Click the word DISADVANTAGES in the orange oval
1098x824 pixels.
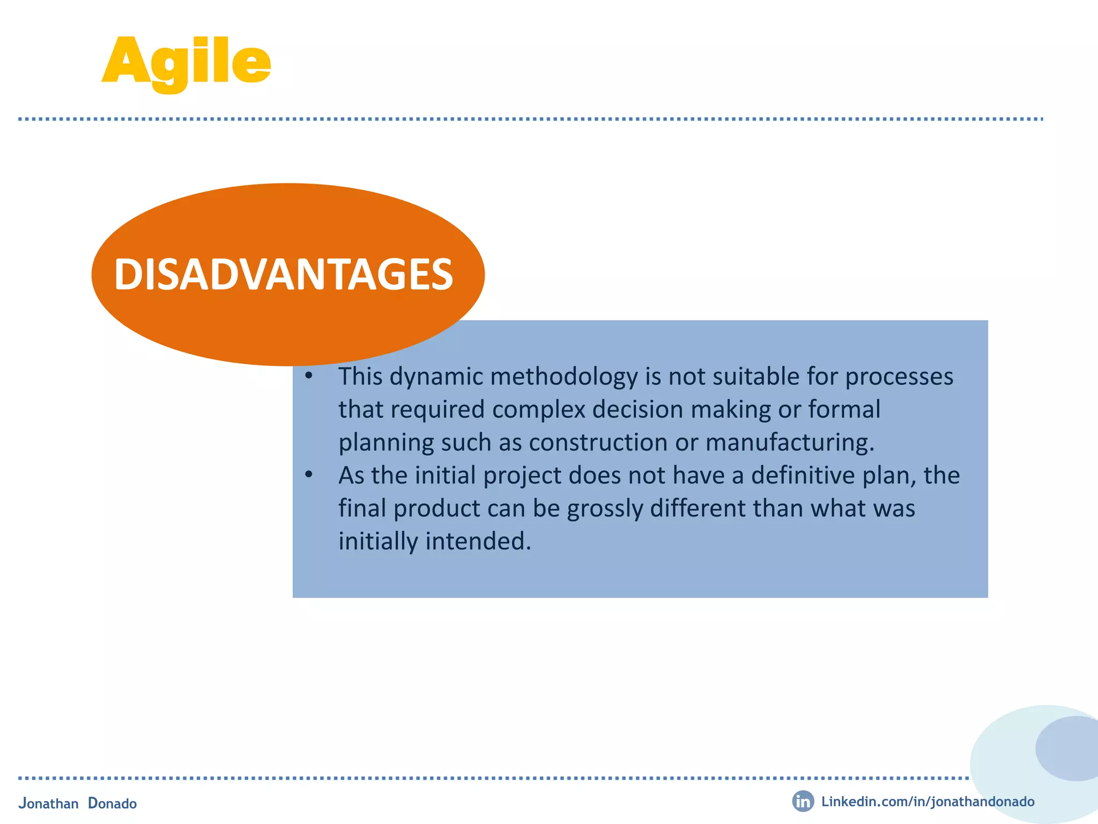pos(284,275)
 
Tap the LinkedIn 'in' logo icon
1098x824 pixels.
pos(803,801)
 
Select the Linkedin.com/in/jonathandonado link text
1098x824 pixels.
pos(928,801)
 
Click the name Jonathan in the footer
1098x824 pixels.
pos(48,803)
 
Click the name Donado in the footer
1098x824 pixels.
pos(112,803)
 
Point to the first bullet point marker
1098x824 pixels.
pos(308,376)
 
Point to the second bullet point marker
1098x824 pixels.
pos(308,475)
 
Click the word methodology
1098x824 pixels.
pos(563,377)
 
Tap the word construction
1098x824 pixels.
pos(598,443)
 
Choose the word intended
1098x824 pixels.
pos(478,541)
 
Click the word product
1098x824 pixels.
pos(436,509)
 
